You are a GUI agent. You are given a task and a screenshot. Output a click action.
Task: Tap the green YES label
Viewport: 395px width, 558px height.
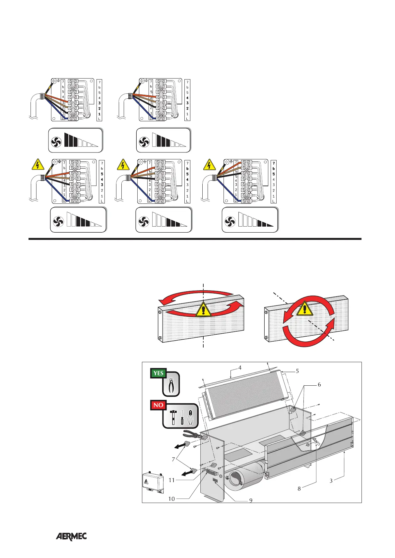159,373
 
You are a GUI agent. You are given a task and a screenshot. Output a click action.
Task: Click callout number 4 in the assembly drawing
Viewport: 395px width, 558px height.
240,367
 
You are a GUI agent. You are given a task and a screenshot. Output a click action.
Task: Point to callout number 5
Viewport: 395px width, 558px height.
297,371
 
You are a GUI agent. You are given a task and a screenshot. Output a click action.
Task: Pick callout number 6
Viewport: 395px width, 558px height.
319,385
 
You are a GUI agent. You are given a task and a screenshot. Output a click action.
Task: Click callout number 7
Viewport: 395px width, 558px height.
173,459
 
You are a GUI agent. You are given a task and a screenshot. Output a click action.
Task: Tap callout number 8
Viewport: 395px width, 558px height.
299,488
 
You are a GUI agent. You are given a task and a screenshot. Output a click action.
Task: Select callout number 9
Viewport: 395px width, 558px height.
251,500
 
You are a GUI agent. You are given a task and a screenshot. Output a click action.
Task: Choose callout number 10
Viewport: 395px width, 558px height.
171,499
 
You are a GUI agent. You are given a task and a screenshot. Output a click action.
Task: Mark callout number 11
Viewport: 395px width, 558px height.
171,480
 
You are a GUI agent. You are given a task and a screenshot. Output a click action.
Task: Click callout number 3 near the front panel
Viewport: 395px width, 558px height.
331,480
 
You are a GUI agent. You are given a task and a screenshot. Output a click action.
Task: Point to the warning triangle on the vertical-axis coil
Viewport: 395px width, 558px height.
203,310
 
